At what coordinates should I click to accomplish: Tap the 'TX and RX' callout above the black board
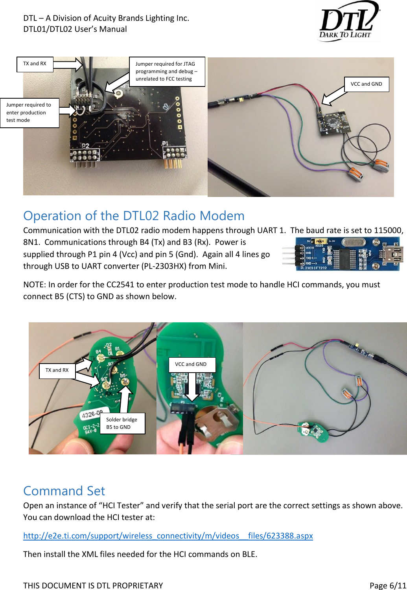click(35, 64)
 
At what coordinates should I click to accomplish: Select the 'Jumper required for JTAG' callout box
click(167, 71)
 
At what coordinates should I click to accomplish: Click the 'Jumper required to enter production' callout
click(29, 112)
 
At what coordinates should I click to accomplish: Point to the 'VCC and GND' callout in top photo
click(366, 84)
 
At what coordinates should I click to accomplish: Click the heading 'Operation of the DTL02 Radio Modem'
click(134, 216)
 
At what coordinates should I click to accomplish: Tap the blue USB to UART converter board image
click(341, 254)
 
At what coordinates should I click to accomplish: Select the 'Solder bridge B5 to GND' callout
click(122, 423)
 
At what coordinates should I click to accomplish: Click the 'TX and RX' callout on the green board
click(57, 370)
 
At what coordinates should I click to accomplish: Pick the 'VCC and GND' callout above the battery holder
click(192, 364)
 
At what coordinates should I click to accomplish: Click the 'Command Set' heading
click(64, 491)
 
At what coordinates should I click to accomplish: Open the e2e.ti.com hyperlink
click(168, 536)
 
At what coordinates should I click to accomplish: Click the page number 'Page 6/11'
click(387, 585)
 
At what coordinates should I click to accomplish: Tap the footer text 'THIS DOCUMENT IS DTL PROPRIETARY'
click(93, 585)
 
